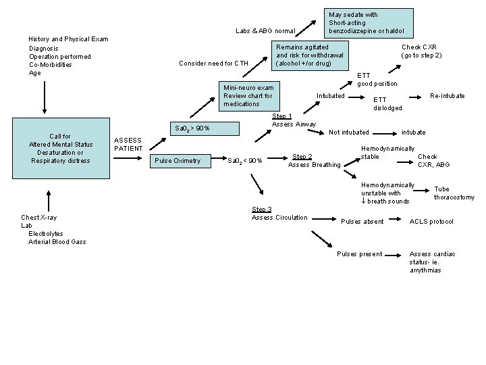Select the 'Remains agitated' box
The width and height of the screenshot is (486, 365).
pos(310,55)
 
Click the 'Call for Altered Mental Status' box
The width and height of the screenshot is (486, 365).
pos(61,148)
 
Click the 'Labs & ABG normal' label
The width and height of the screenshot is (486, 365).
pos(265,31)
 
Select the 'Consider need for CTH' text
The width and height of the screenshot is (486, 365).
pos(213,64)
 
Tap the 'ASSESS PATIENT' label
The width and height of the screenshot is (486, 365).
pos(128,144)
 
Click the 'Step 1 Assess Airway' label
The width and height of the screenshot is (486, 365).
pos(294,120)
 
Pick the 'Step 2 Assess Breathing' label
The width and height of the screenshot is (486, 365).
pos(315,161)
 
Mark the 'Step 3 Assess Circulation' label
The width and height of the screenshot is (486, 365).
pos(279,214)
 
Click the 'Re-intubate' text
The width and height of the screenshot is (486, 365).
pos(447,96)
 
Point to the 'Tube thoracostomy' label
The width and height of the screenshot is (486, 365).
pos(454,193)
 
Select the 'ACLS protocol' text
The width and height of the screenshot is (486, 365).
pos(431,222)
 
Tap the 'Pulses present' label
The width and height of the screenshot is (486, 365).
pos(359,254)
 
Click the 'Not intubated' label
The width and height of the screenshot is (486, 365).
pos(349,132)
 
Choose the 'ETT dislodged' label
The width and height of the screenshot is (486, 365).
pos(387,103)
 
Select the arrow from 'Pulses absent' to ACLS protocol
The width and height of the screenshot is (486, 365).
pos(397,221)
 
